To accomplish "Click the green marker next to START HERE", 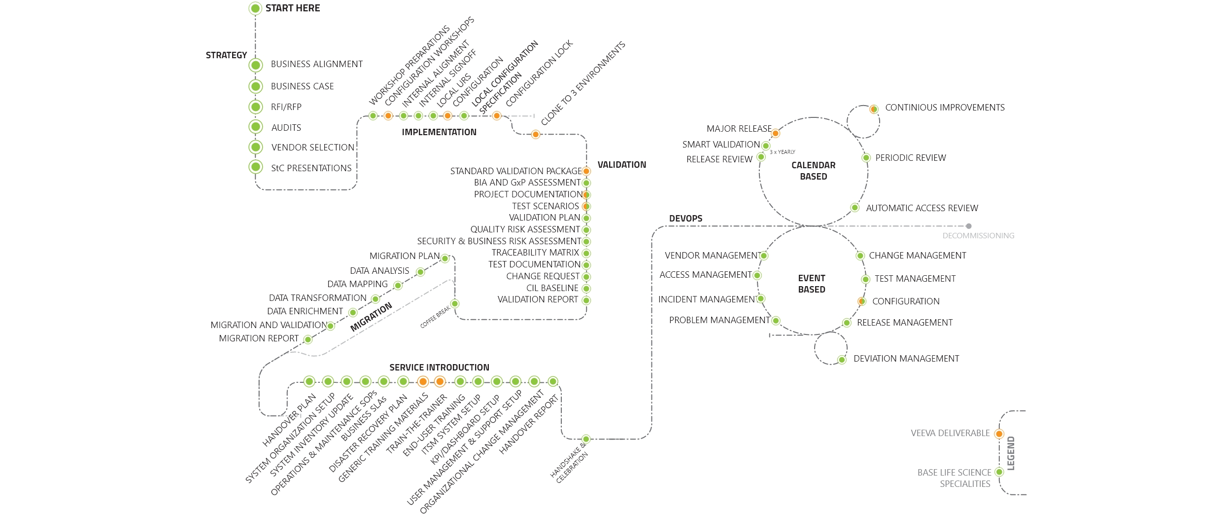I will pyautogui.click(x=255, y=8).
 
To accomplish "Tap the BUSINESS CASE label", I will pyautogui.click(x=302, y=86).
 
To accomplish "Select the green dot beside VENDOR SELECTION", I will pyautogui.click(x=255, y=147).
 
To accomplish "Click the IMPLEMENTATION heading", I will pyautogui.click(x=439, y=132).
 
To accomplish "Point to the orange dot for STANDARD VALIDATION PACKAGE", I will pyautogui.click(x=586, y=171).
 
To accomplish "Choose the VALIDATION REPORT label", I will pyautogui.click(x=538, y=299).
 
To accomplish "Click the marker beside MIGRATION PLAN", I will pyautogui.click(x=445, y=258).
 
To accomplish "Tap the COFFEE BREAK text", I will pyautogui.click(x=435, y=317).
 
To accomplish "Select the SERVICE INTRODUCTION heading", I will pyautogui.click(x=439, y=368).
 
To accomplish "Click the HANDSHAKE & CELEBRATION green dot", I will pyautogui.click(x=586, y=439).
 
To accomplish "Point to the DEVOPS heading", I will pyautogui.click(x=685, y=219).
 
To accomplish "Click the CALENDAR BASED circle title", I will pyautogui.click(x=813, y=171).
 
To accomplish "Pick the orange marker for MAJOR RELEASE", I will pyautogui.click(x=775, y=133).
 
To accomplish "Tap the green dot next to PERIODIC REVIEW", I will pyautogui.click(x=866, y=158).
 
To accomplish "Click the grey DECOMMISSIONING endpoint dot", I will pyautogui.click(x=968, y=226).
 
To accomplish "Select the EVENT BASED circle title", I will pyautogui.click(x=811, y=284).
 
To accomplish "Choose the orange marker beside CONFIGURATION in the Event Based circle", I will pyautogui.click(x=861, y=301).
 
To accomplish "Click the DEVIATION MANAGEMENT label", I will pyautogui.click(x=906, y=359).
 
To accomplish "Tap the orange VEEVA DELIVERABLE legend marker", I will pyautogui.click(x=999, y=434).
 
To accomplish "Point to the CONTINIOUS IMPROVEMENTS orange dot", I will pyautogui.click(x=874, y=109).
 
